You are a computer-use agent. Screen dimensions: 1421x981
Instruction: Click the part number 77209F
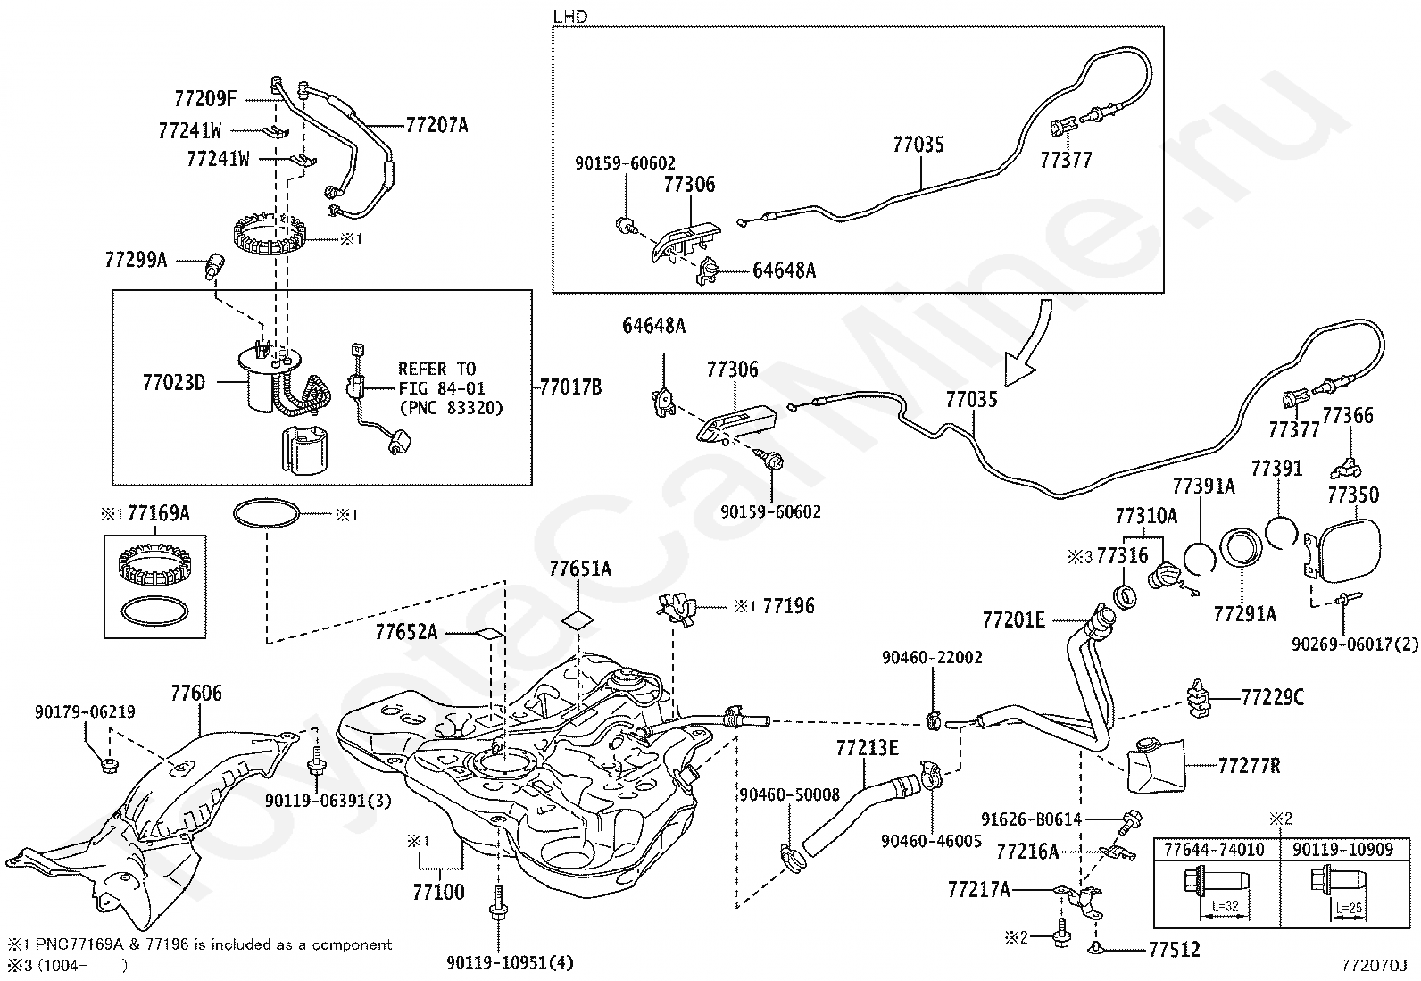click(x=205, y=99)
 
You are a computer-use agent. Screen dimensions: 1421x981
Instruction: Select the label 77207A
click(x=436, y=125)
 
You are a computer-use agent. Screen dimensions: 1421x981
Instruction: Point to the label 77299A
click(x=136, y=260)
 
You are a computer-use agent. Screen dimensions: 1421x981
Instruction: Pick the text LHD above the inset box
click(x=569, y=16)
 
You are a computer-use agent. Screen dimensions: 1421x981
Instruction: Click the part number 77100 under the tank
click(x=438, y=892)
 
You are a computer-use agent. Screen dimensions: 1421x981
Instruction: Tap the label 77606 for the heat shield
click(x=196, y=693)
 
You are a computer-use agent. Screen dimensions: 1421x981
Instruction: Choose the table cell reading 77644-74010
click(x=1214, y=850)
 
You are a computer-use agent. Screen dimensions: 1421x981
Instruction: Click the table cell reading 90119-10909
click(x=1343, y=850)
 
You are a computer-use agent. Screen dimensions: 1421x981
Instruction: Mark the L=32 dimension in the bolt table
click(x=1225, y=907)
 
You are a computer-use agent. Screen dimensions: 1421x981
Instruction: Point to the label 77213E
click(x=868, y=748)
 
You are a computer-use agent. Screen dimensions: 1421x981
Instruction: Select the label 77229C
click(x=1273, y=698)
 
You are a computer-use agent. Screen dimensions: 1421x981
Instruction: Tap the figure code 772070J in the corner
click(x=1374, y=965)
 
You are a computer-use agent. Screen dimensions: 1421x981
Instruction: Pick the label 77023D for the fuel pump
click(x=174, y=383)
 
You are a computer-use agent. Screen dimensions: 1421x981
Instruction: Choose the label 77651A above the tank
click(x=580, y=569)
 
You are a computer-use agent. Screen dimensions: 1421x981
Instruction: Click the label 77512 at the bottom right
click(x=1175, y=949)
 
